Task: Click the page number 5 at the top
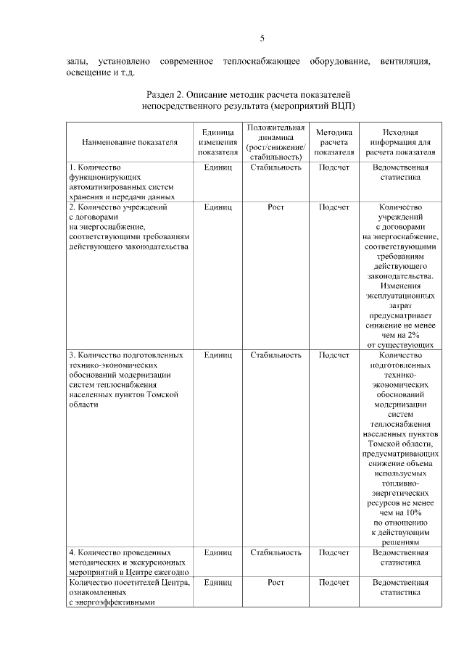pos(262,38)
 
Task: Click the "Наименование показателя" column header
pos(130,142)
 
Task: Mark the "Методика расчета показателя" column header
pos(334,142)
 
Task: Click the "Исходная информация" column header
pos(400,142)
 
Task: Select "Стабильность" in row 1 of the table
pos(276,167)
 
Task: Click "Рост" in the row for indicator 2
pos(276,207)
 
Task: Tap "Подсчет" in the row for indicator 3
pos(334,355)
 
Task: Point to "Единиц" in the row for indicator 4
pos(217,552)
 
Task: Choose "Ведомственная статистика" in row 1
pos(400,173)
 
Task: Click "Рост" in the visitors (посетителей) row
pos(276,582)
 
